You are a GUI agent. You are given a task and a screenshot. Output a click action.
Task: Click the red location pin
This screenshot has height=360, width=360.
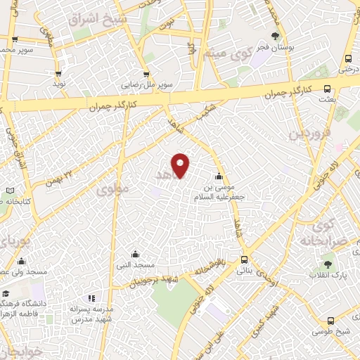(181, 165)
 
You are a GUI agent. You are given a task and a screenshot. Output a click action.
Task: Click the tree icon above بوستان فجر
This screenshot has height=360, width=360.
(275, 35)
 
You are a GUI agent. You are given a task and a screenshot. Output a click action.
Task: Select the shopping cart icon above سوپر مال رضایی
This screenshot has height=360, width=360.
(146, 74)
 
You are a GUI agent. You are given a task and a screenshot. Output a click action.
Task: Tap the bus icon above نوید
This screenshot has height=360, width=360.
(58, 73)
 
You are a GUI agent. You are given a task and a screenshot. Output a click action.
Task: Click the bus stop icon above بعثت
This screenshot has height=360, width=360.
(327, 89)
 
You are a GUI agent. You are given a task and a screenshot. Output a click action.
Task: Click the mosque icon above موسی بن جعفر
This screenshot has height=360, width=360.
(220, 176)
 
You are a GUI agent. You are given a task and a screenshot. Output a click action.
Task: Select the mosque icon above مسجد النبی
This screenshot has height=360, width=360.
(135, 254)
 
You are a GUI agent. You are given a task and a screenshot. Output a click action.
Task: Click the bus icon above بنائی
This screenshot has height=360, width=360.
(244, 258)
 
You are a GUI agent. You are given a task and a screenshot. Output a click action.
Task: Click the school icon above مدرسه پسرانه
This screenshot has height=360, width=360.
(89, 298)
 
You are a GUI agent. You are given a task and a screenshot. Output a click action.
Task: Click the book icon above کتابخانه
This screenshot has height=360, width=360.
(9, 191)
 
